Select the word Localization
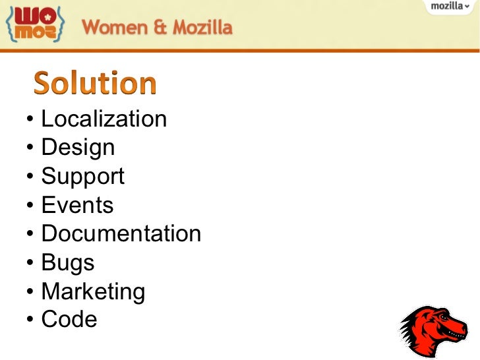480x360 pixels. point(104,119)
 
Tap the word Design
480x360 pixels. point(78,148)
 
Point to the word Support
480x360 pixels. point(82,177)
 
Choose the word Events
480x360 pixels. point(77,205)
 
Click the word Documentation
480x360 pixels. point(121,233)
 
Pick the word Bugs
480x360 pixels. point(68,262)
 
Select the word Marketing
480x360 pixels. point(93,291)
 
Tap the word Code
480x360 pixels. point(69,320)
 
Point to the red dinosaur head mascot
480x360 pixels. point(433,330)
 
